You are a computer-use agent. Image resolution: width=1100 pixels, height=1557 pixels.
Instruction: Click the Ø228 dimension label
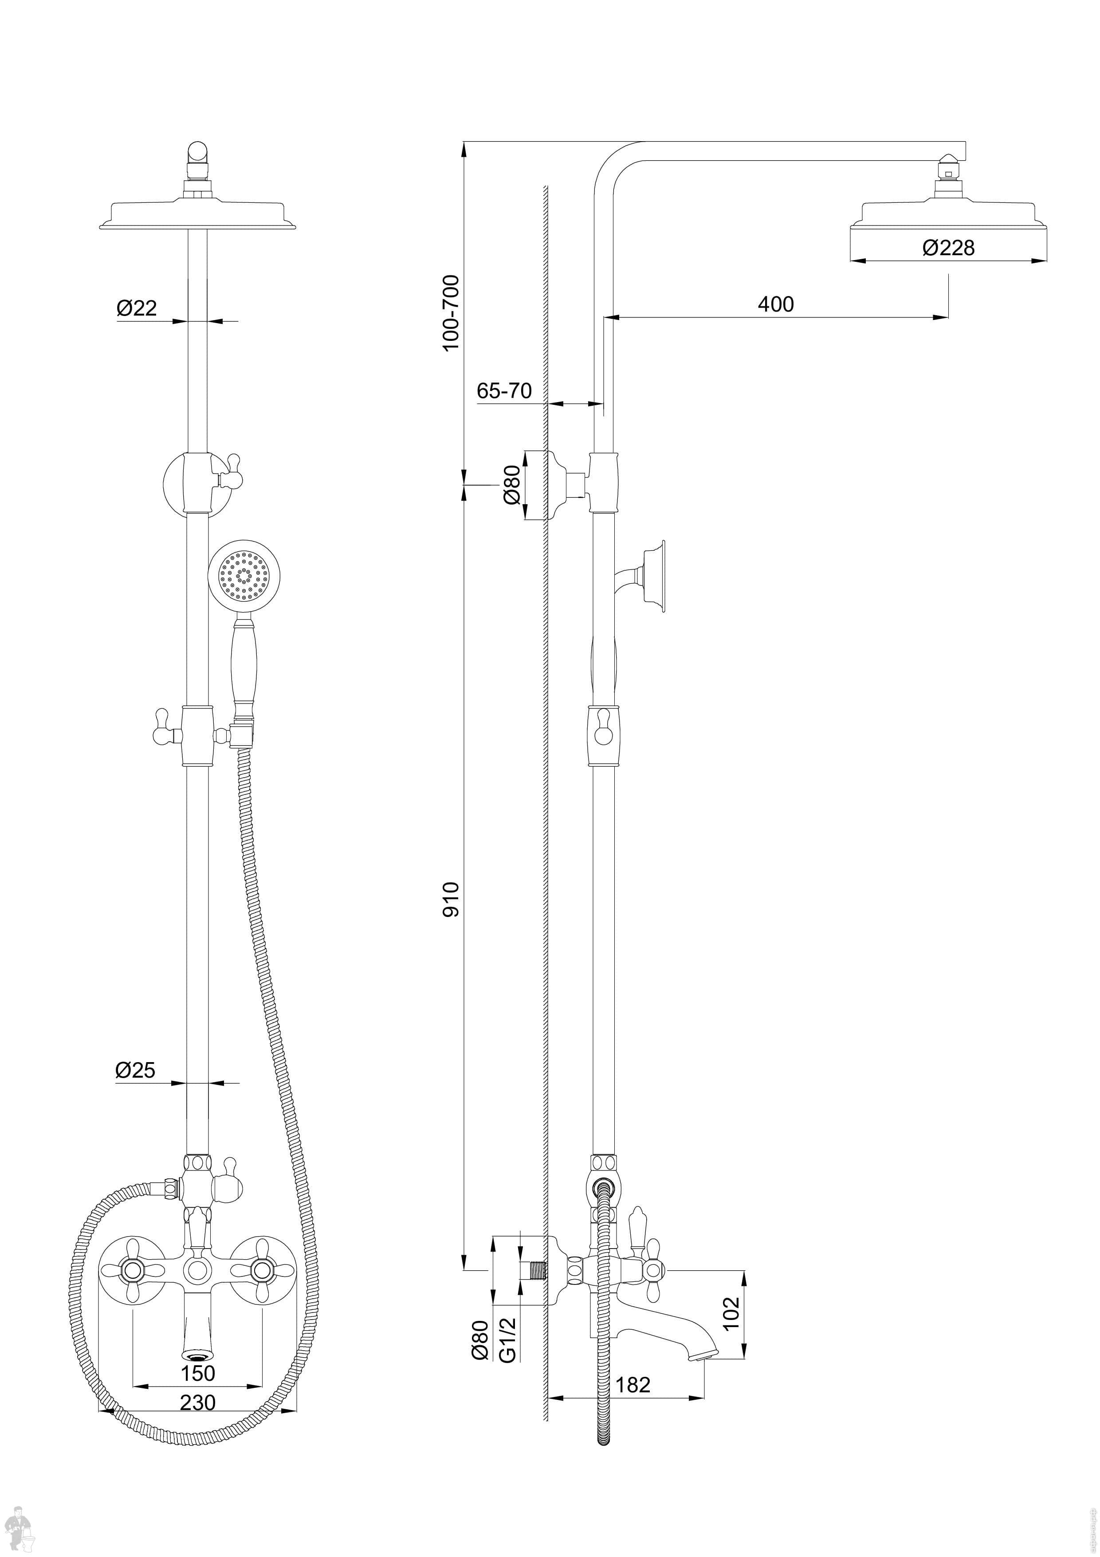click(x=948, y=248)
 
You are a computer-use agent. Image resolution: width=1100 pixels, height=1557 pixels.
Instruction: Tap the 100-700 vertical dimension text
click(x=451, y=312)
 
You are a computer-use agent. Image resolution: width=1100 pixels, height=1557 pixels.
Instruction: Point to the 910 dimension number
click(x=451, y=899)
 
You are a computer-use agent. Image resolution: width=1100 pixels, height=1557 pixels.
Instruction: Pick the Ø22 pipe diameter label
click(x=137, y=308)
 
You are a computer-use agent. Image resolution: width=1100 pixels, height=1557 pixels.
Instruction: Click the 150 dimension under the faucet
click(x=197, y=1373)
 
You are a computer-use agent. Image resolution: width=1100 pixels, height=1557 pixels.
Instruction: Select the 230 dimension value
click(x=197, y=1402)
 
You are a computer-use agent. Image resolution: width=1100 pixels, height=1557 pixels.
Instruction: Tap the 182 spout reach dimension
click(x=632, y=1384)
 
